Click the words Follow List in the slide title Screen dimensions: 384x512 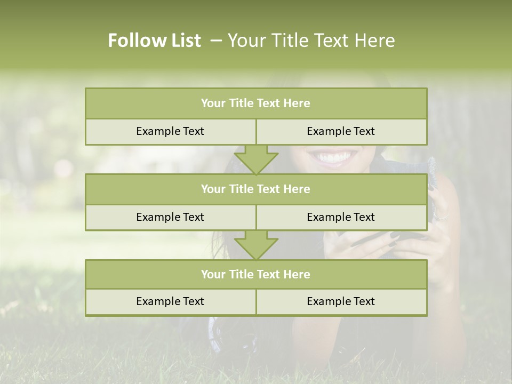coord(154,41)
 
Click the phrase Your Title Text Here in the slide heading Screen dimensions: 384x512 coord(311,41)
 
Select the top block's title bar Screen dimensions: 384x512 coord(256,103)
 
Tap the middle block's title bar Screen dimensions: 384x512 coord(256,189)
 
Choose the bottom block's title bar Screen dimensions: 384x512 coord(256,274)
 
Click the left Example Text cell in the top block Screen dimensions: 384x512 coord(170,131)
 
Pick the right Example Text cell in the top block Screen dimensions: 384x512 coord(341,131)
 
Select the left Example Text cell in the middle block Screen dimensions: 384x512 coord(170,217)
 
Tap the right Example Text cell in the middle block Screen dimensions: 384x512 coord(341,217)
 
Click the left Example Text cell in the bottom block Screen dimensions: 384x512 coord(170,301)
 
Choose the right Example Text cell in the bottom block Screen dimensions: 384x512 coord(341,301)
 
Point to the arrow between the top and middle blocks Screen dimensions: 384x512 coord(256,159)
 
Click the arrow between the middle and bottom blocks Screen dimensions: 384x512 coord(256,244)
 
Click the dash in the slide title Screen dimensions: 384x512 coord(216,41)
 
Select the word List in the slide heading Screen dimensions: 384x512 coord(184,41)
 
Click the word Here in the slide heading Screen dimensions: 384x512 coord(377,41)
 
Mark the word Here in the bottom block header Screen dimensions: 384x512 coord(297,274)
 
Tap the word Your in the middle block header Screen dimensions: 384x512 coord(213,189)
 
